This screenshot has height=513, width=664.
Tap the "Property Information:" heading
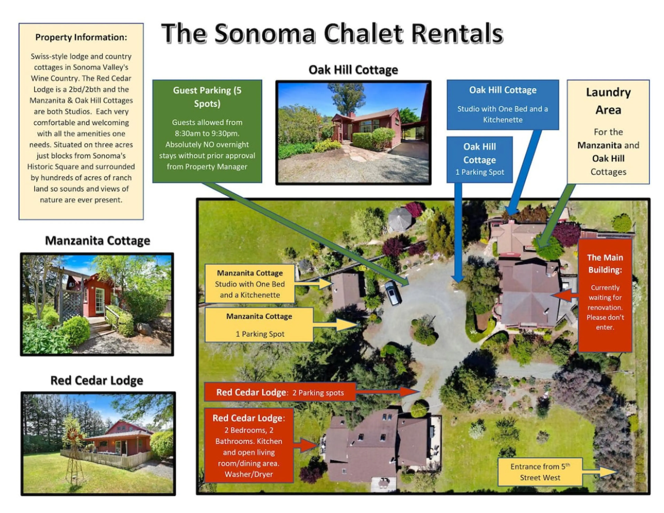coord(81,37)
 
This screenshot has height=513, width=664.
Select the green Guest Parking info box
coord(207,131)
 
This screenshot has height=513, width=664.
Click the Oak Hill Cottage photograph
coord(353,133)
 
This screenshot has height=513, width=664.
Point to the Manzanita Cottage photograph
coord(97,304)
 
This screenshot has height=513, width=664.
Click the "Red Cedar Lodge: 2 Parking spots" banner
coord(280,392)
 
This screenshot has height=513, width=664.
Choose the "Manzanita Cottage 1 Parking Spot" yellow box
coord(259,325)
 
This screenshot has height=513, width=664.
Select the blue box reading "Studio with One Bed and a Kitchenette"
coord(503,105)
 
